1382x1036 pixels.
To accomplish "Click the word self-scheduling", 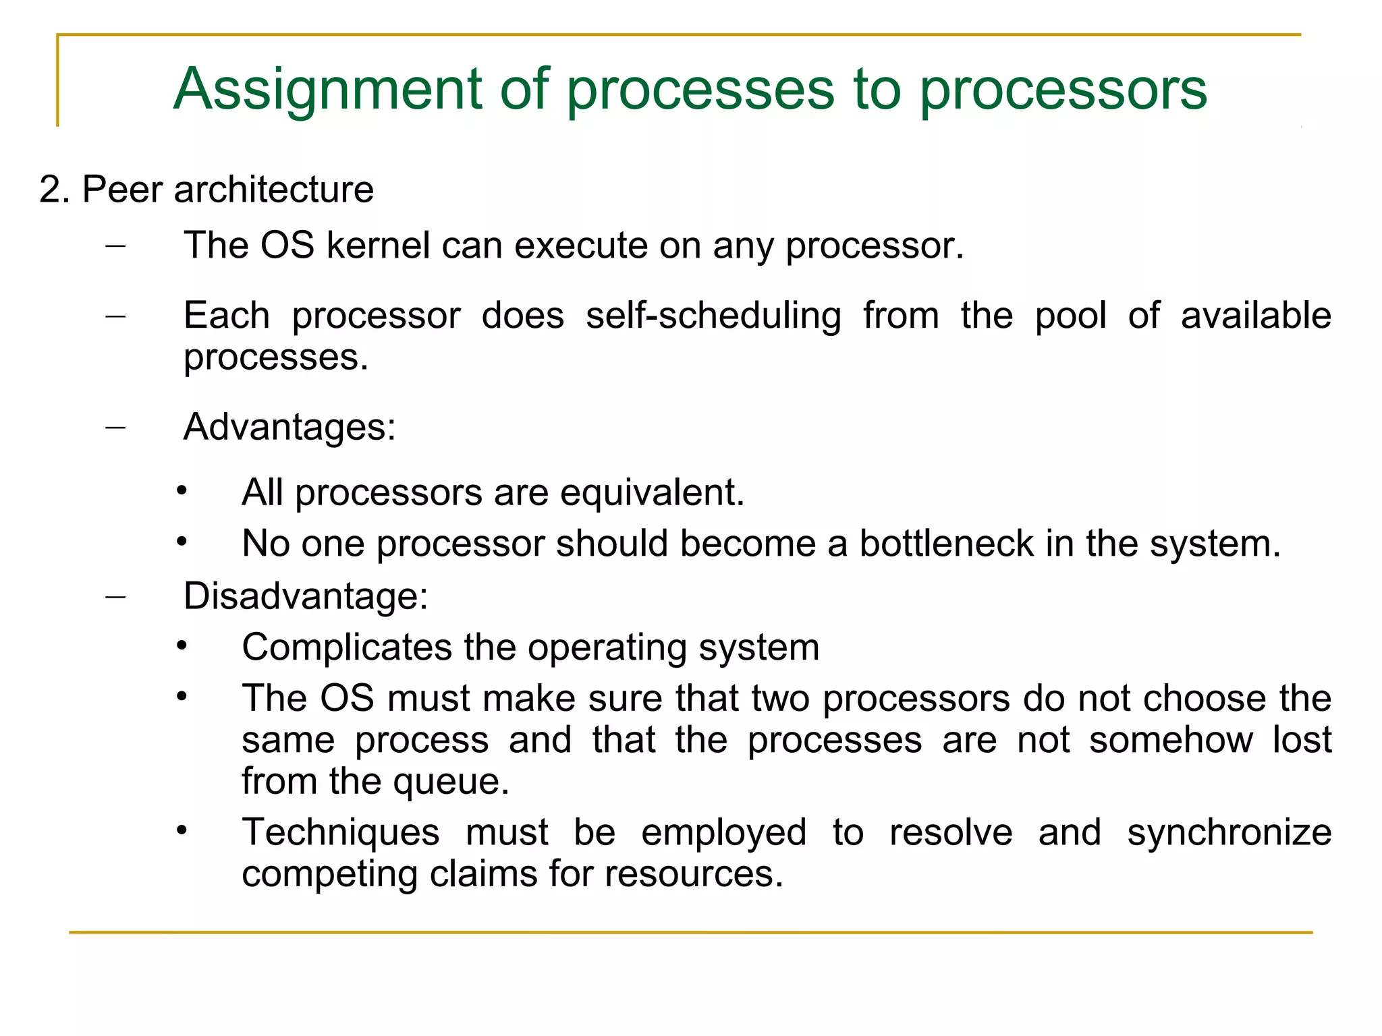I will point(713,316).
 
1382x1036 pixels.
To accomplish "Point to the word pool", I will point(1071,316).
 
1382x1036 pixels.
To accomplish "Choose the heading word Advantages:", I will point(289,427).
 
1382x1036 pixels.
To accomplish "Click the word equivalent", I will point(652,492).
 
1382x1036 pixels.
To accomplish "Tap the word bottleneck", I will point(946,544).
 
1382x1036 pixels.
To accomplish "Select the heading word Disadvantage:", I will point(306,596).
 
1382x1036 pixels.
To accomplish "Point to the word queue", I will point(451,781).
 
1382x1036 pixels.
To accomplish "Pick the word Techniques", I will point(341,832).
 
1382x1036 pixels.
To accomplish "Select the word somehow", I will point(1171,740).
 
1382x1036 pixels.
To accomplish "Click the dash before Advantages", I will point(115,428).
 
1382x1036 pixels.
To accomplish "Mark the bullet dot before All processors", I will point(181,491).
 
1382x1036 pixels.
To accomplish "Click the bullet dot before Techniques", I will point(181,831).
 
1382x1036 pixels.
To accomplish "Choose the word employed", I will point(723,832).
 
